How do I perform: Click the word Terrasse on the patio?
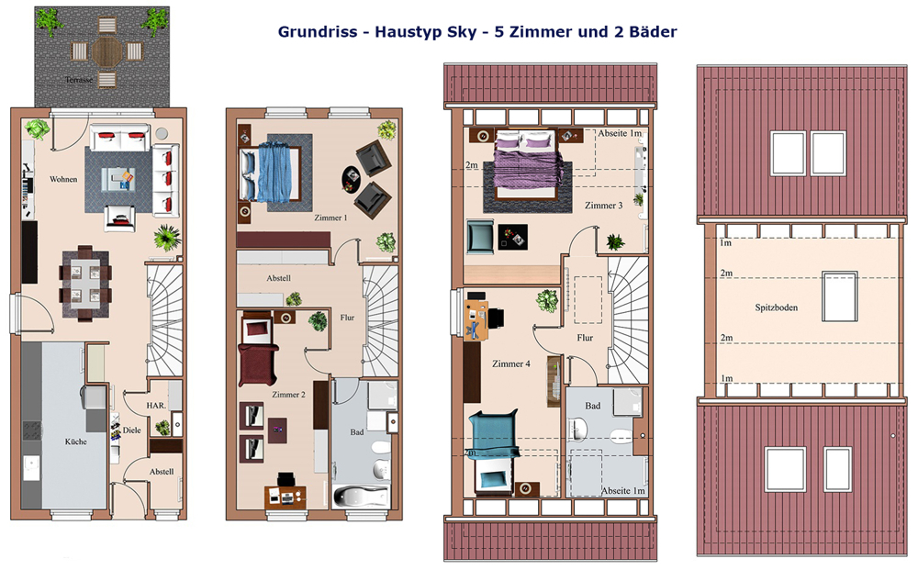point(79,80)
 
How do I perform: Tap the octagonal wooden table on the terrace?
point(106,51)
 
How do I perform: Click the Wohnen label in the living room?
point(63,179)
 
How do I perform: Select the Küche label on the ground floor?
point(75,441)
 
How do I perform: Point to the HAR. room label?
point(156,405)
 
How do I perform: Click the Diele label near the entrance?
point(131,430)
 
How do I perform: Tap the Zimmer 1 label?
point(330,218)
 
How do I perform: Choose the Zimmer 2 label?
point(288,395)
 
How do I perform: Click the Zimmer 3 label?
point(604,206)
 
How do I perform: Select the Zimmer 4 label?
point(511,363)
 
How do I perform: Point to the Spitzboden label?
point(777,307)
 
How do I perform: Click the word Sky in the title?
point(462,31)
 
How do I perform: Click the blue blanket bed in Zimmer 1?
point(273,174)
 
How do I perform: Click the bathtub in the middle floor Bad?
point(361,497)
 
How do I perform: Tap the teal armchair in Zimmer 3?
point(480,236)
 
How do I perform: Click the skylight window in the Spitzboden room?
point(840,296)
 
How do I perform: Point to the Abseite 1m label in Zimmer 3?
point(620,133)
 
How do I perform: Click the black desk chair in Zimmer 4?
point(496,318)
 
